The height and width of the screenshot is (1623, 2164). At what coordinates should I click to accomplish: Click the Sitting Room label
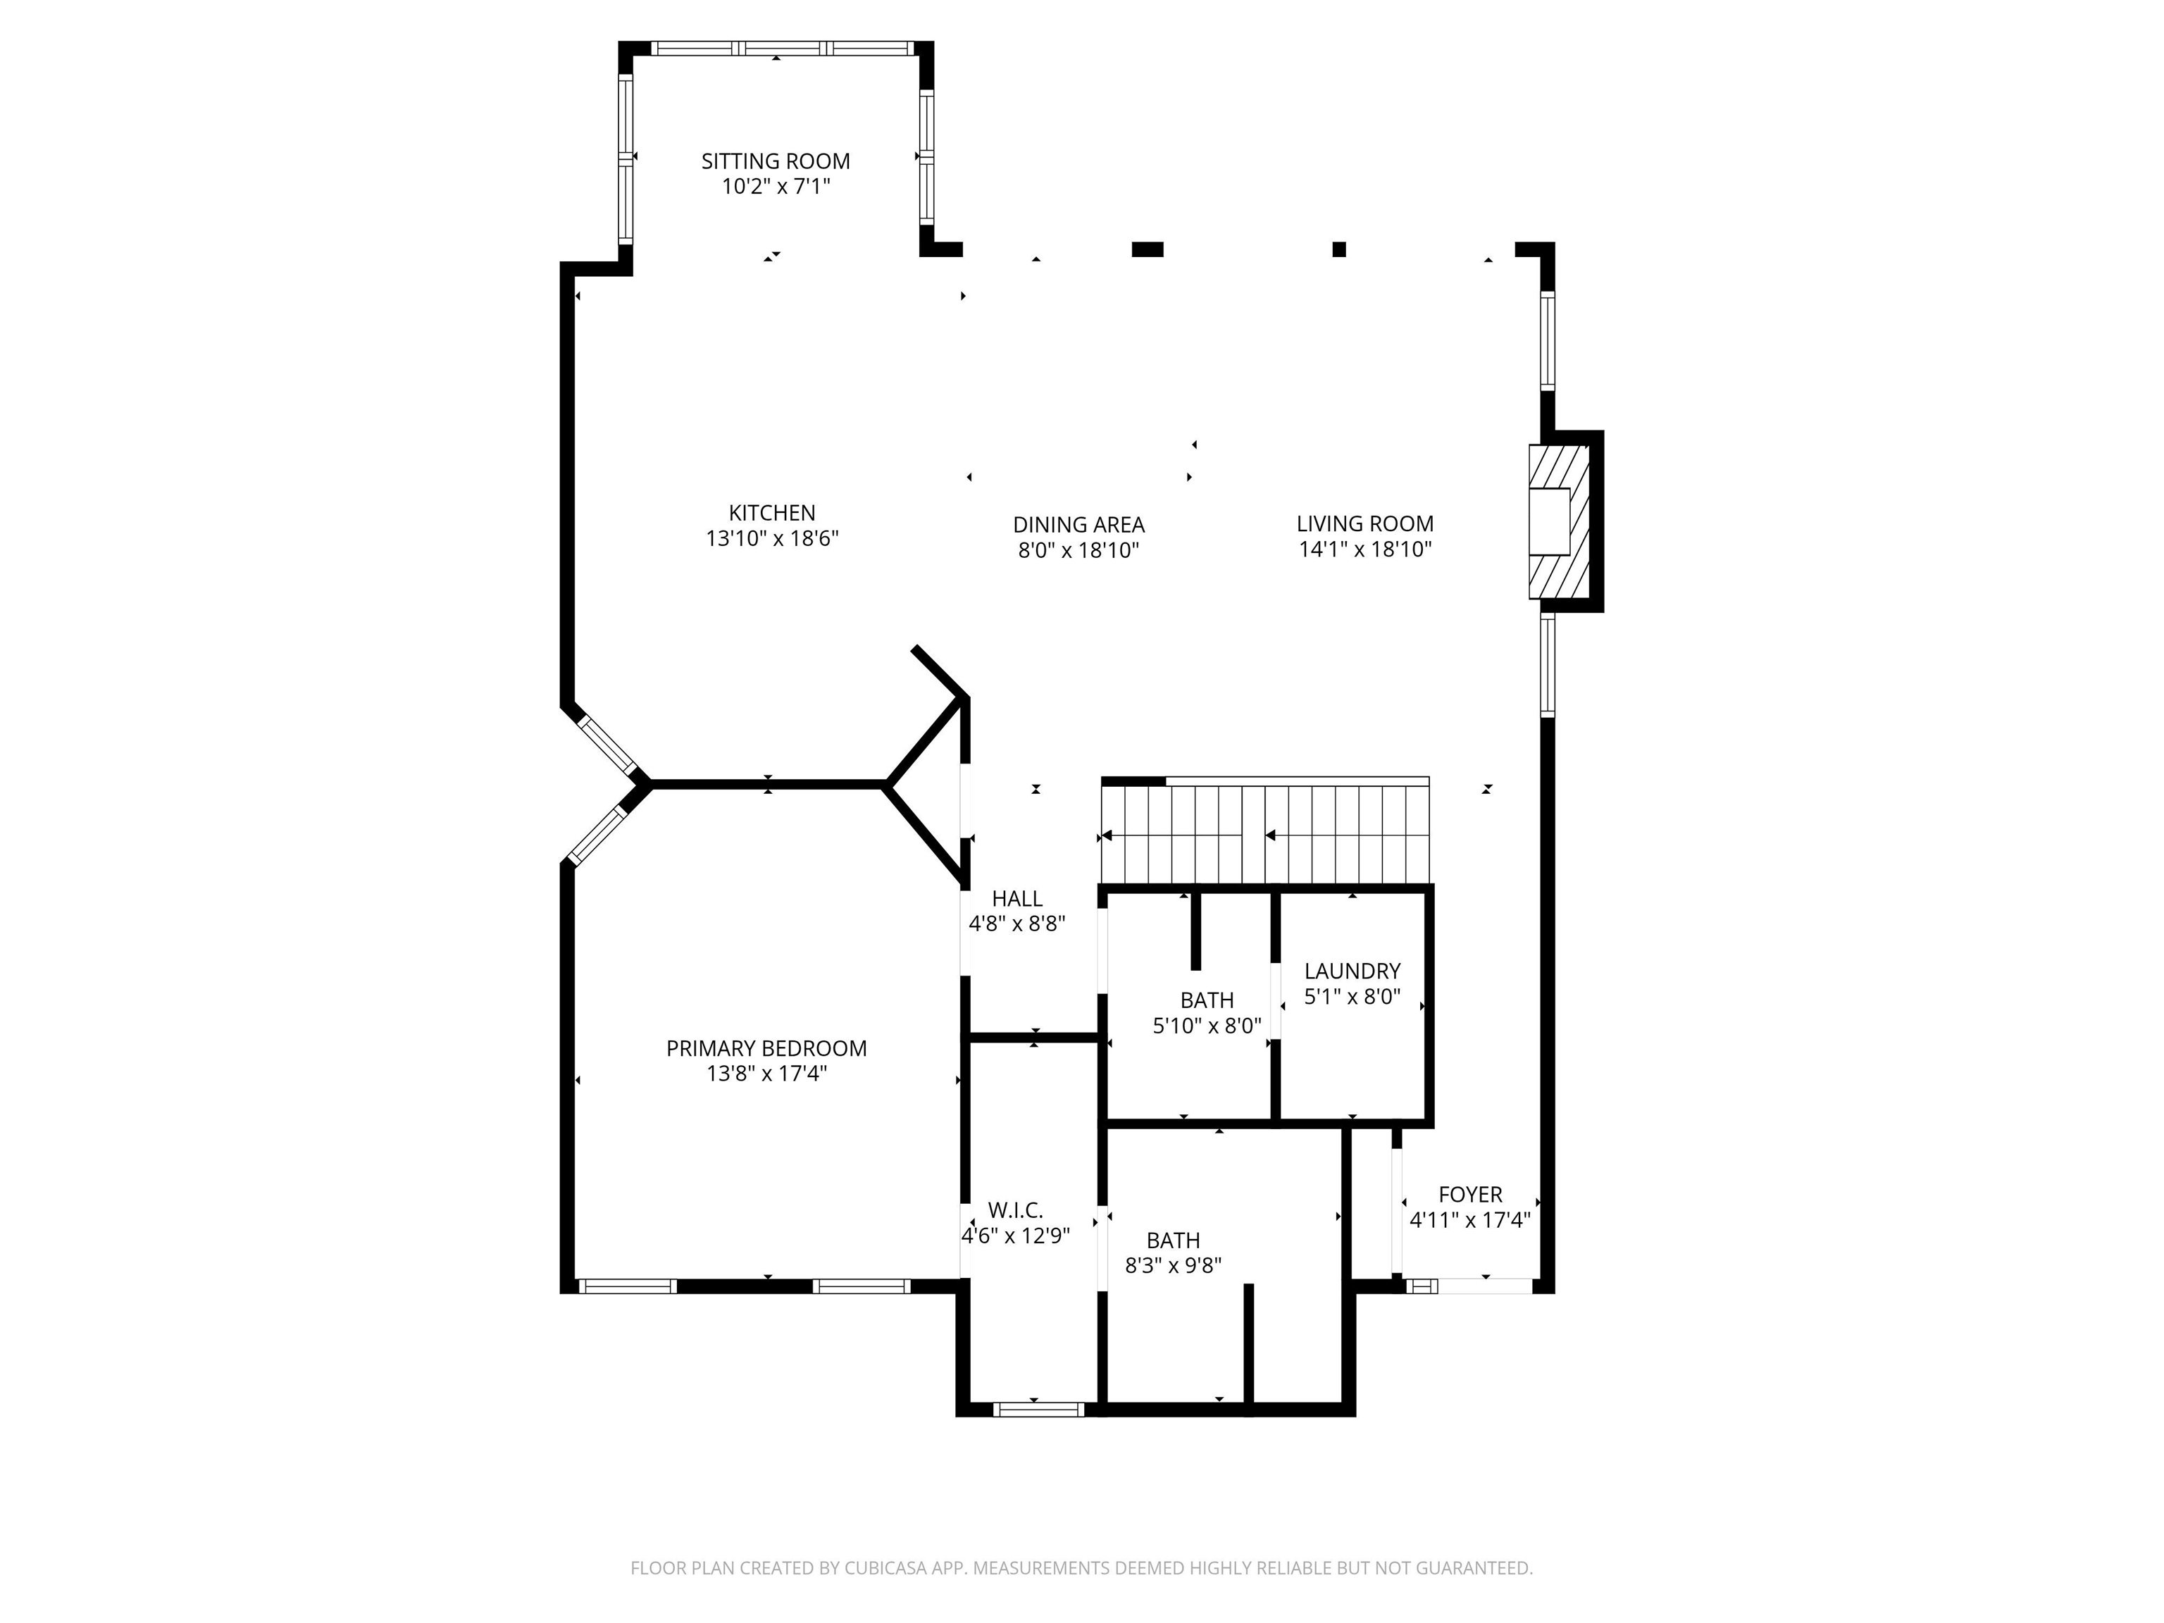tap(776, 161)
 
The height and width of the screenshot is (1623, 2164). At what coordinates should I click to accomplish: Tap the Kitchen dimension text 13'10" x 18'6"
tap(773, 538)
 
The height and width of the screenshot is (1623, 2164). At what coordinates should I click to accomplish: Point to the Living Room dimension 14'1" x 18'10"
tap(1366, 549)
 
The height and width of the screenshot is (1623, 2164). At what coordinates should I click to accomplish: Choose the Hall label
tap(1017, 898)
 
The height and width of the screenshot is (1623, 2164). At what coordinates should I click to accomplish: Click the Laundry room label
tap(1353, 971)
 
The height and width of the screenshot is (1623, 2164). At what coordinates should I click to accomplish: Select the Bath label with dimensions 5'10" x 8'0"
tap(1207, 1000)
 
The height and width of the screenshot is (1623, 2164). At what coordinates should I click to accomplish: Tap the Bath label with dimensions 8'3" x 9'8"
tap(1174, 1240)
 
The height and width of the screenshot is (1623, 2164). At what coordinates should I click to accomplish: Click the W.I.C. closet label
tap(1016, 1211)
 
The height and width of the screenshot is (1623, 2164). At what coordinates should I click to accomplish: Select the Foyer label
tap(1470, 1195)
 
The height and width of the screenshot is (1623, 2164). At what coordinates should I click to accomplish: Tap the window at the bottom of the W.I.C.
tap(1039, 1409)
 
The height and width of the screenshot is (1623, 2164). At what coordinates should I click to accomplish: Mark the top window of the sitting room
tap(783, 48)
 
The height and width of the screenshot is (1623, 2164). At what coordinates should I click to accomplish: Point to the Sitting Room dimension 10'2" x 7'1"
tap(776, 186)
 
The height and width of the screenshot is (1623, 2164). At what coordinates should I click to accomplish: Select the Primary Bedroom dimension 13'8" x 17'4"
tap(767, 1074)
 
